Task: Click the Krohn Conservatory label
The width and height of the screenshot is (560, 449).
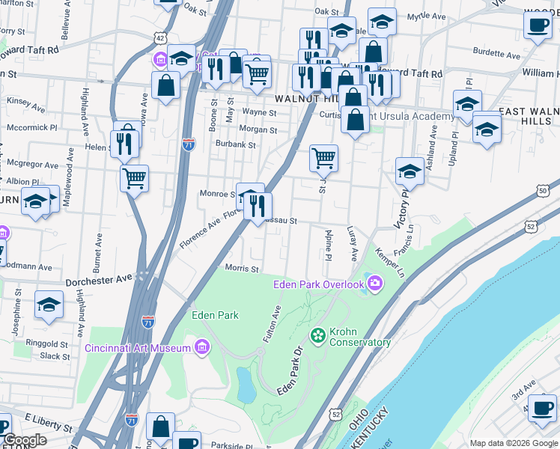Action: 358,337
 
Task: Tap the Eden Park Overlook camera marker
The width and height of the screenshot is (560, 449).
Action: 375,284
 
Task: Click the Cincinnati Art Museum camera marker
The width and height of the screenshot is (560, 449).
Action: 201,346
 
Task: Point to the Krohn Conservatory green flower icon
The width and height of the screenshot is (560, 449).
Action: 318,335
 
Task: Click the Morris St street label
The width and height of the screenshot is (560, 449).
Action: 242,269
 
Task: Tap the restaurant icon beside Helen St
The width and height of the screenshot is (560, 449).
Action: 124,143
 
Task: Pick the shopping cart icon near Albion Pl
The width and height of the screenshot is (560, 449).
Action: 135,178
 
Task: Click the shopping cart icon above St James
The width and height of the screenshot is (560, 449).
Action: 323,157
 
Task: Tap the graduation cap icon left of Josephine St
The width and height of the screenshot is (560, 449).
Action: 49,305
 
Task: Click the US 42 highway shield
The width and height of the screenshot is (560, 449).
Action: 161,37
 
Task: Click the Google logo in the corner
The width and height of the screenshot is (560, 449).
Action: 25,441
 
